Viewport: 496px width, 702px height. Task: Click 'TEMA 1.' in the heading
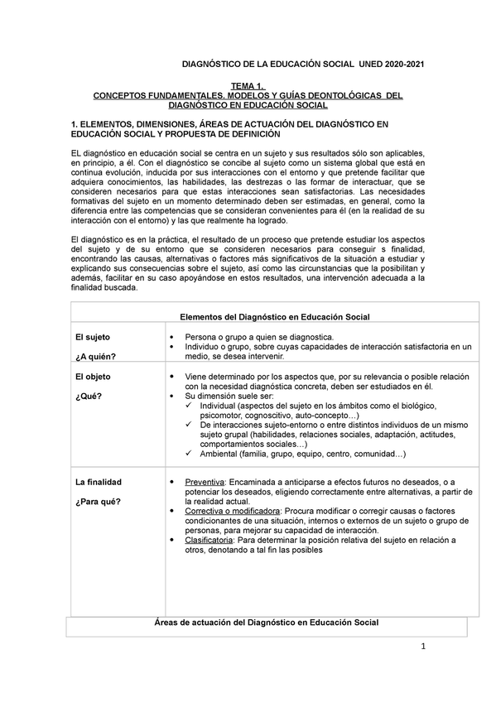pos(249,85)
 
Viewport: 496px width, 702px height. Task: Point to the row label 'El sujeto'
pos(93,337)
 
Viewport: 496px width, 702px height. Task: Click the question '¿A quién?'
pos(96,357)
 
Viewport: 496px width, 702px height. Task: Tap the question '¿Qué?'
pos(88,396)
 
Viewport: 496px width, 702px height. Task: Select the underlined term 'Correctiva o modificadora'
pos(233,511)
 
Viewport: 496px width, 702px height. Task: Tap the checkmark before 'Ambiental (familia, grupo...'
pos(191,454)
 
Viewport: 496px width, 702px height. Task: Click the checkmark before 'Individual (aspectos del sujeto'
pos(191,406)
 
